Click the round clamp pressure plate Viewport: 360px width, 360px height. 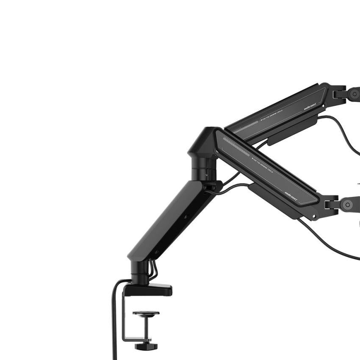pos(146,314)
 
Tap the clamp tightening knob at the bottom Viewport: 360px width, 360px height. pos(146,346)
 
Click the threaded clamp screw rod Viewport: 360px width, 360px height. pos(146,329)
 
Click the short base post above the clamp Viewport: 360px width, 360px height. pos(140,271)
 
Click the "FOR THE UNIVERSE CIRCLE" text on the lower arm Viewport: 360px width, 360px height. pos(263,165)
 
